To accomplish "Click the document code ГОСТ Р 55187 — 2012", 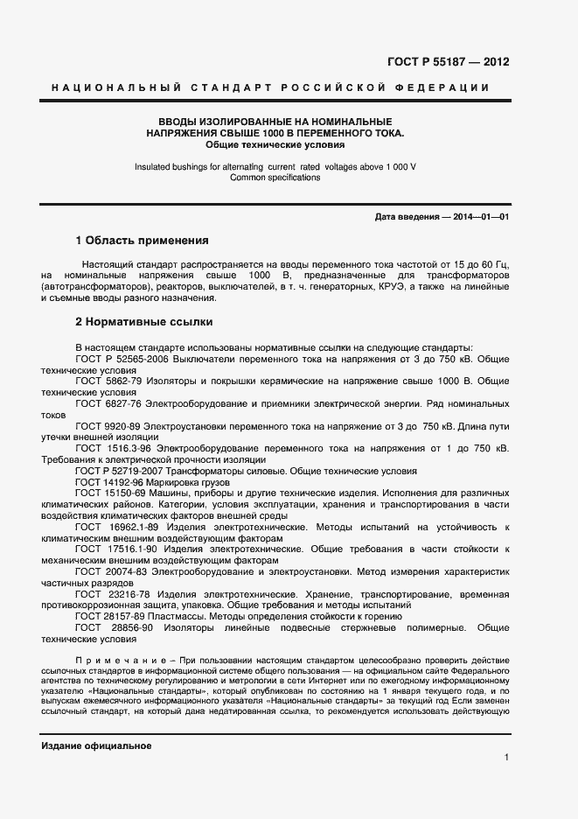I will point(448,62).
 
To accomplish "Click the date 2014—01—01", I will point(480,216).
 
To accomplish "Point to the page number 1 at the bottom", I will point(506,757).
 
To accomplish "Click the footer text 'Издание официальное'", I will point(96,745).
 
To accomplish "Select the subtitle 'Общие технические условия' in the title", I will point(275,144).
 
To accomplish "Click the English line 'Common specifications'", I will point(275,178).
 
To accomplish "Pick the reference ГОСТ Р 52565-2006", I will point(120,359).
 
